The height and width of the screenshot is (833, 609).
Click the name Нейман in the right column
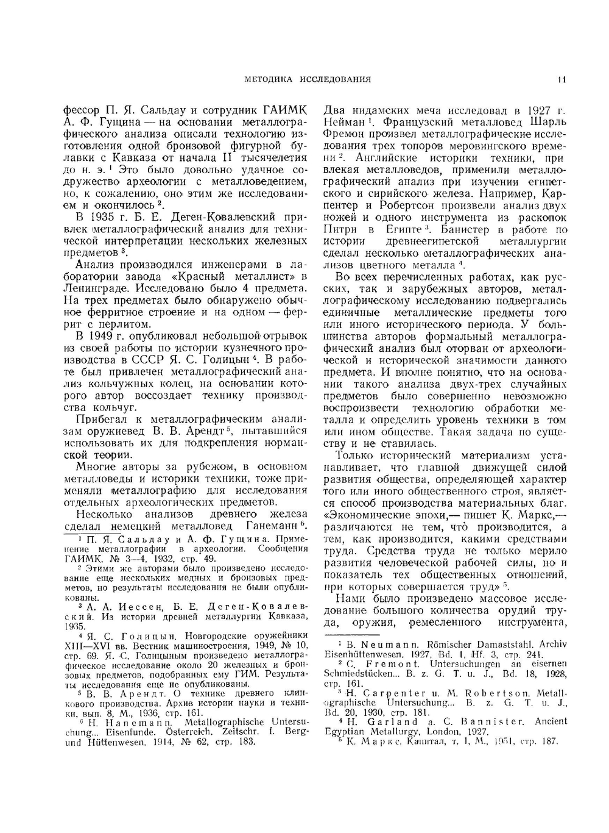tap(343, 123)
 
